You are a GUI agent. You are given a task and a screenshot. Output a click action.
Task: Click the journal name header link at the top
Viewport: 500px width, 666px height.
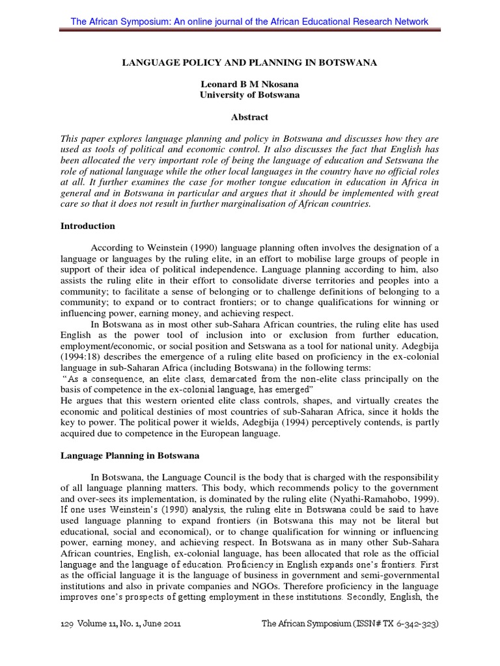[249, 21]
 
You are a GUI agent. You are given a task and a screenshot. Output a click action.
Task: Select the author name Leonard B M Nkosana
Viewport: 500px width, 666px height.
[250, 84]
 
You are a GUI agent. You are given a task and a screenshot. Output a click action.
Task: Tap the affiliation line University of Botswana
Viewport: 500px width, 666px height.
[250, 95]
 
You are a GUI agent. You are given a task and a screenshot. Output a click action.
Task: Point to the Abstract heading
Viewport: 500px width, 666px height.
[250, 117]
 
